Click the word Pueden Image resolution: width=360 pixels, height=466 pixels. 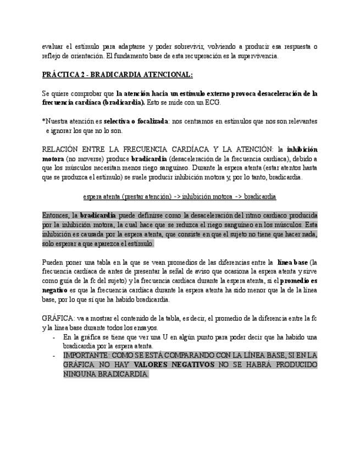click(53, 262)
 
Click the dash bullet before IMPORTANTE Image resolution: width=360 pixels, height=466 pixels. click(54, 356)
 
